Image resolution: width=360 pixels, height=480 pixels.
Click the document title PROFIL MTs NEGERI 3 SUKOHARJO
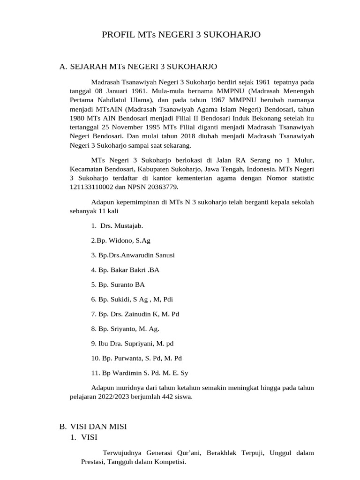181,35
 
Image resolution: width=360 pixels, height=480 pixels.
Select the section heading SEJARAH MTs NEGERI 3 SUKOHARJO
143,67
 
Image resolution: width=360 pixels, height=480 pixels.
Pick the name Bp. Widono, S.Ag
121,240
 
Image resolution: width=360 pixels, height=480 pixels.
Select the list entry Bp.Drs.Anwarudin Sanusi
133,255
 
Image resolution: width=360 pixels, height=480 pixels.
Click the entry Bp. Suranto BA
118,285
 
